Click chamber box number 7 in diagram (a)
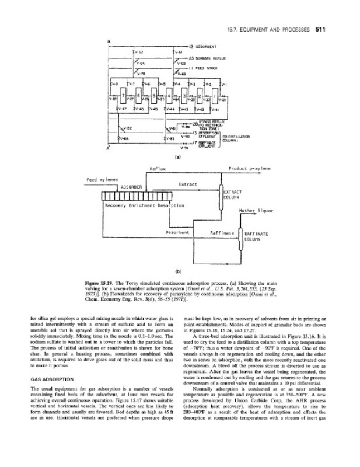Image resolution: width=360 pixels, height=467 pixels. [123, 95]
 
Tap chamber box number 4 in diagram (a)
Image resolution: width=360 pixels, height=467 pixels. [169, 95]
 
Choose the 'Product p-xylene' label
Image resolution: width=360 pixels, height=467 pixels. [250, 168]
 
